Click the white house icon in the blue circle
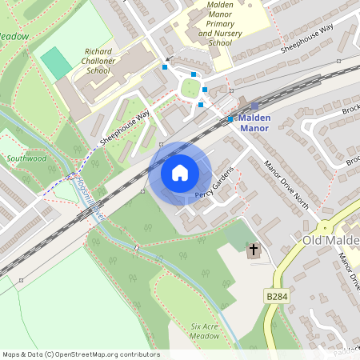click(x=179, y=173)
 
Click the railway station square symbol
click(x=255, y=106)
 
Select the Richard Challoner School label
click(x=97, y=61)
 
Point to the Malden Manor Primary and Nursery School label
click(x=210, y=24)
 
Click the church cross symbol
click(x=254, y=251)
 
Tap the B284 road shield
click(x=277, y=297)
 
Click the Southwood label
click(x=26, y=158)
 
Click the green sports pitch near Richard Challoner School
click(x=55, y=63)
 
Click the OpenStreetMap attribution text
click(x=80, y=354)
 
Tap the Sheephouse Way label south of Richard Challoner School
click(x=125, y=128)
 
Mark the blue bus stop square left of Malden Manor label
click(x=230, y=119)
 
